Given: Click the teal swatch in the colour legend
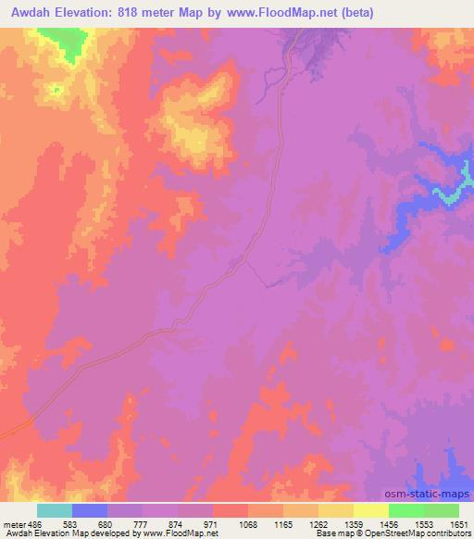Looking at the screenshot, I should tap(55, 510).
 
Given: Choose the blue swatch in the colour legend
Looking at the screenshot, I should tap(90, 510).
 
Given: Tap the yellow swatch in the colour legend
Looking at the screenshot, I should tap(371, 510).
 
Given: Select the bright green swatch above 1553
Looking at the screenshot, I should tap(406, 510).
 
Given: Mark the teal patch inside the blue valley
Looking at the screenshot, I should tap(451, 195).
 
